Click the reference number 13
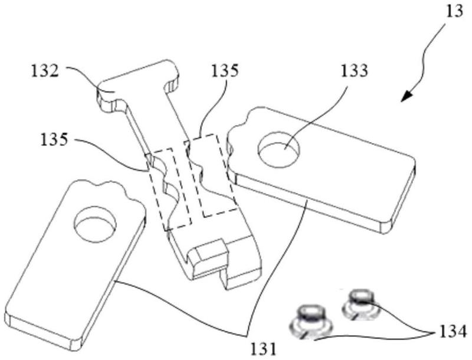tap(455, 12)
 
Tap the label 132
tap(45, 71)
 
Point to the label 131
tap(263, 349)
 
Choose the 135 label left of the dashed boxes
tap(54, 140)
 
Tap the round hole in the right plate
tap(279, 149)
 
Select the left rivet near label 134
tap(311, 322)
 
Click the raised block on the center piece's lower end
tap(208, 254)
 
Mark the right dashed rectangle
tap(210, 175)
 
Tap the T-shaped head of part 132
tap(138, 85)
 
